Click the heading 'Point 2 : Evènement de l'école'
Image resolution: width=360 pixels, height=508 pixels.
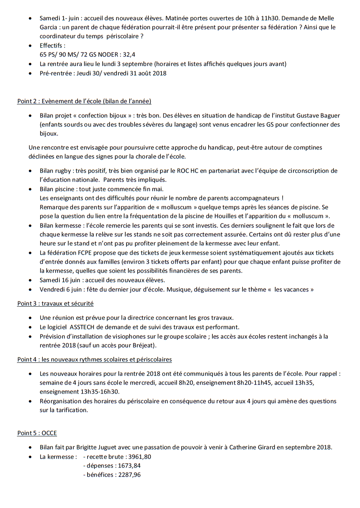(x=84, y=101)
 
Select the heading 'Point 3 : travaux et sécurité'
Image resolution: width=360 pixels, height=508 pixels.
(x=55, y=303)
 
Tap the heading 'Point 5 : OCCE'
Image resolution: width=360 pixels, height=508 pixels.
(x=37, y=433)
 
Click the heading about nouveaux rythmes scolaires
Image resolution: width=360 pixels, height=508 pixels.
(x=94, y=359)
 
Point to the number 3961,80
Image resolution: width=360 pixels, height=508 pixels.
(x=140, y=457)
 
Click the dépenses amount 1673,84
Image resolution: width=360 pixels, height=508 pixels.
(x=129, y=466)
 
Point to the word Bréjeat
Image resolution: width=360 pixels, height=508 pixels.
(x=143, y=345)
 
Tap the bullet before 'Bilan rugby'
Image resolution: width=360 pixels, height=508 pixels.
(x=30, y=171)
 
